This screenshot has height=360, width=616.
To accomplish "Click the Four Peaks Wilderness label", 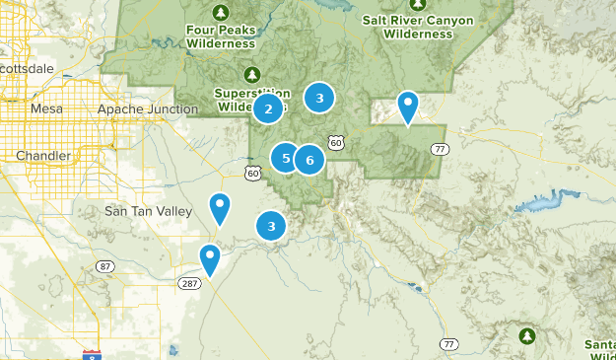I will coord(222,36).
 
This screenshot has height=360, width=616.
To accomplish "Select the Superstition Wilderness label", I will coord(250,100).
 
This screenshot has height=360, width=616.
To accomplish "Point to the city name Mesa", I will coord(46,108).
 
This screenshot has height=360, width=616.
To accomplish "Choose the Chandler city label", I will coord(42,156).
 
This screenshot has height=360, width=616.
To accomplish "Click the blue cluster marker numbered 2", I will coord(268,108).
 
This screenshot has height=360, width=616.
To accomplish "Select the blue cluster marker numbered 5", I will coord(286,158).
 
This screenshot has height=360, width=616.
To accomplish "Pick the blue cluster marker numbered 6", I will coord(309,160).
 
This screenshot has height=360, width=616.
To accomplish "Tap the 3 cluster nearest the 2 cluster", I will coord(318,98).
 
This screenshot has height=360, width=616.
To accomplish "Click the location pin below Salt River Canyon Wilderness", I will coord(407,107).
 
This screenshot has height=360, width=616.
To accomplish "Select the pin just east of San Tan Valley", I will coord(220,208).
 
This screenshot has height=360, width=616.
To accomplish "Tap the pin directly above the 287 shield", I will coord(210,258).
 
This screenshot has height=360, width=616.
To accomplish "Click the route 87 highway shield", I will coord(105,267).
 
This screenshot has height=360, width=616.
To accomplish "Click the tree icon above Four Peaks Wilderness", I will coord(222,13).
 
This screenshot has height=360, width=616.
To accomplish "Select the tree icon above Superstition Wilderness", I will coord(251,75).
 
